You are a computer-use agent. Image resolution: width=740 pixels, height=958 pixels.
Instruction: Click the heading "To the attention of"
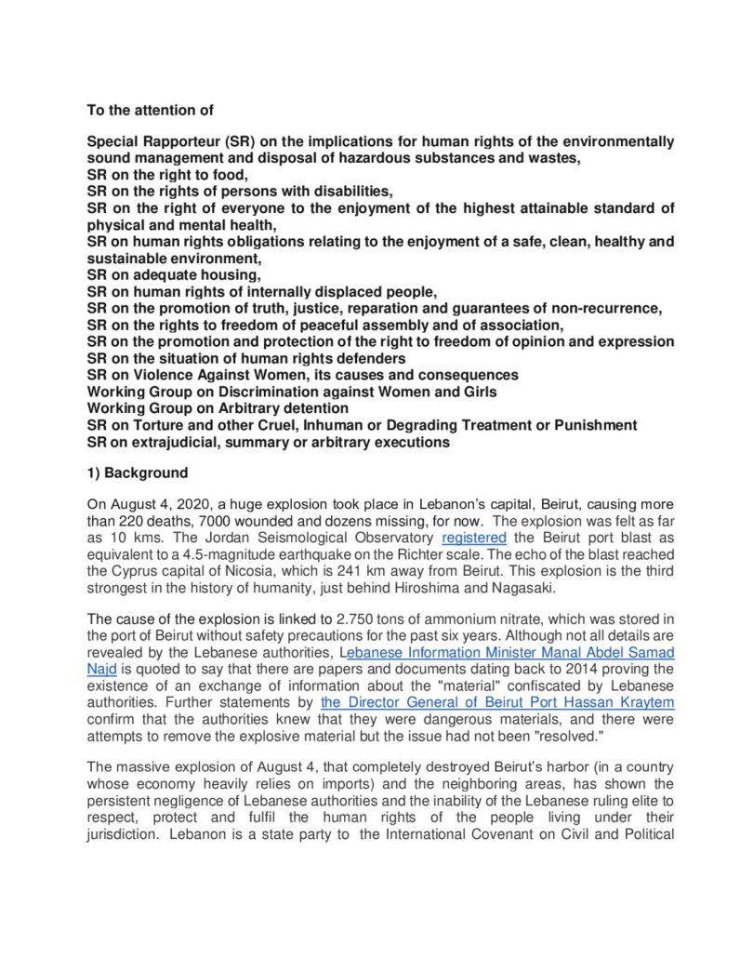(151, 110)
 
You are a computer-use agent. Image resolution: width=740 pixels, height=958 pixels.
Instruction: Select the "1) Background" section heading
(137, 472)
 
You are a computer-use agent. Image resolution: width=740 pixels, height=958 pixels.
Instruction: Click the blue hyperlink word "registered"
(474, 537)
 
